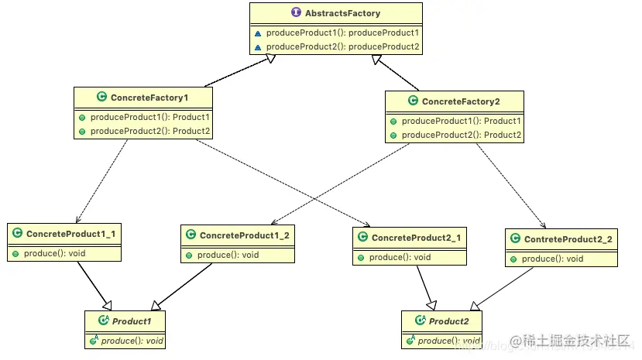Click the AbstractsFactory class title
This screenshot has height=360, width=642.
pos(343,13)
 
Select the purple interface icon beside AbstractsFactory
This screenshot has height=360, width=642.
pos(296,12)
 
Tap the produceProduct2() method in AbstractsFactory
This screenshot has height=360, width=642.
pos(343,46)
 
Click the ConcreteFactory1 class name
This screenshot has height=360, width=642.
pos(149,98)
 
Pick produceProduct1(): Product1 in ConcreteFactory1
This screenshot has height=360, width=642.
pos(150,118)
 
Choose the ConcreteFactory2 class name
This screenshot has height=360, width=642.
pos(461,101)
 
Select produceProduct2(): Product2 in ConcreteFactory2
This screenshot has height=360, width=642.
pos(462,135)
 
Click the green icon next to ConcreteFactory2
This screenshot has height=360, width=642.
pos(413,101)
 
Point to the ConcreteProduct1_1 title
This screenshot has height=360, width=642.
pos(70,234)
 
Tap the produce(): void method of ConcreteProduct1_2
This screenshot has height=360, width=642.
pos(228,255)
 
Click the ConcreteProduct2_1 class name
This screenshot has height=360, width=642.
pos(416,238)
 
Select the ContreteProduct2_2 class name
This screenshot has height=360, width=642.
pos(568,240)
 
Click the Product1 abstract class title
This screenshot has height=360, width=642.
pos(132,321)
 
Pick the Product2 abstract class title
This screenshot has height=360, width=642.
pos(448,321)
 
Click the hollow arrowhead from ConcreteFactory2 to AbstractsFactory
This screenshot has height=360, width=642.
pos(376,60)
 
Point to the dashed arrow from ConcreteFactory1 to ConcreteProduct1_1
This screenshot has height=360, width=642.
pos(101,181)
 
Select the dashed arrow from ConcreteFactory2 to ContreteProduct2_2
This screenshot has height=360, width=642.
pos(511,185)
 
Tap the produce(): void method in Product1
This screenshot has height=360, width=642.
pos(132,341)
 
